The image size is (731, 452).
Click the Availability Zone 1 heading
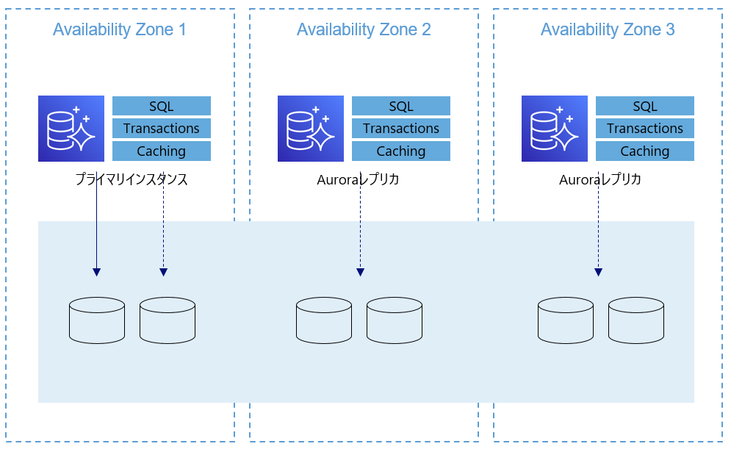click(x=119, y=29)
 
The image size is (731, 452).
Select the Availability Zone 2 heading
click(x=364, y=29)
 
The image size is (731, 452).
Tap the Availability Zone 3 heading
click(x=608, y=29)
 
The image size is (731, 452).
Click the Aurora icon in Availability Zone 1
click(x=71, y=129)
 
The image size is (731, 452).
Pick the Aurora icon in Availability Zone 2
click(x=311, y=129)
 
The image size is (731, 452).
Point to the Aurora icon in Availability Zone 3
click(x=554, y=129)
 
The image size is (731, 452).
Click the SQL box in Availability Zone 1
click(x=162, y=106)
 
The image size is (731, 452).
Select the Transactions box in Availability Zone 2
click(x=401, y=129)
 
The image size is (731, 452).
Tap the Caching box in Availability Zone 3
click(x=645, y=151)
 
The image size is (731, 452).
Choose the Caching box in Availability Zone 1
click(x=162, y=151)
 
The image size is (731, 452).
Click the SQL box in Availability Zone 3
click(x=645, y=106)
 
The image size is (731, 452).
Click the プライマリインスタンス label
click(x=132, y=179)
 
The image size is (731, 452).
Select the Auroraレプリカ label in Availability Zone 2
click(x=358, y=179)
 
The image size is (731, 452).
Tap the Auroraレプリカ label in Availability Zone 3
click(x=600, y=179)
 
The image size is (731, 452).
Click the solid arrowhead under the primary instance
click(x=96, y=273)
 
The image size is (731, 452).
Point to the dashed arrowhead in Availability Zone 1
click(x=163, y=273)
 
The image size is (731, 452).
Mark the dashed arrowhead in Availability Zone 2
click(x=360, y=273)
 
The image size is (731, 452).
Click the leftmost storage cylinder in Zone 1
click(x=97, y=320)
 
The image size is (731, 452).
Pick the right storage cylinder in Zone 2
click(x=395, y=320)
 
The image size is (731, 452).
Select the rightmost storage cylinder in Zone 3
click(x=636, y=320)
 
